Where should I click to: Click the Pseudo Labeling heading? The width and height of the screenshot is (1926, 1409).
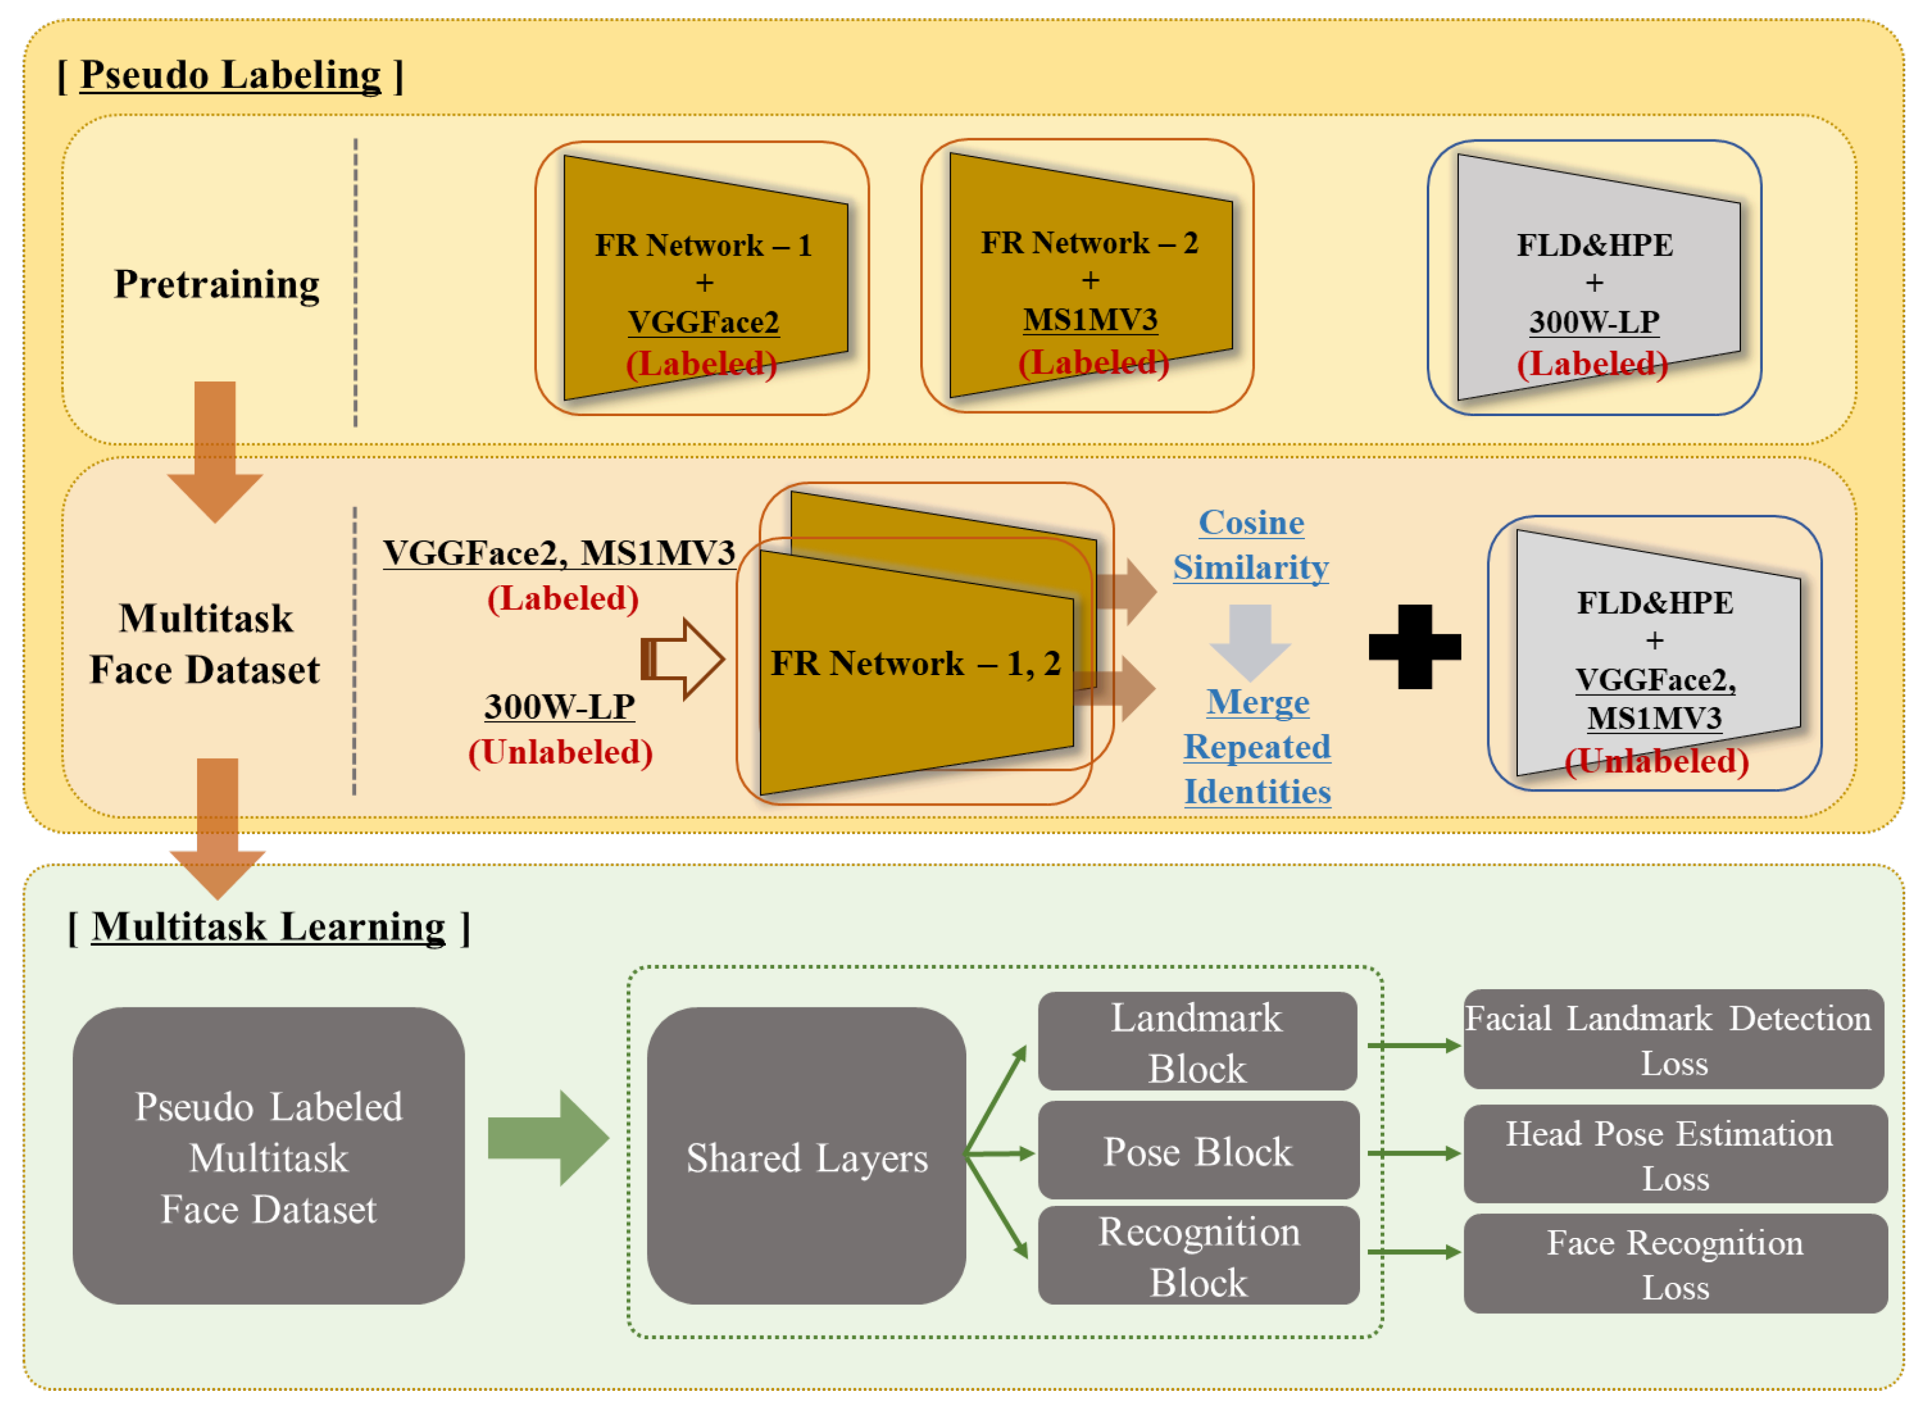231,75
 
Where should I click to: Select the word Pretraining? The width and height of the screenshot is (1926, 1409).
217,284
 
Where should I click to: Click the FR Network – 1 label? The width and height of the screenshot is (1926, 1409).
703,246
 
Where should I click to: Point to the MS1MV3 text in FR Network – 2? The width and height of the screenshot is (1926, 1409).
1090,320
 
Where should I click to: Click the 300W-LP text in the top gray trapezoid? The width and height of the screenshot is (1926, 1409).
1594,323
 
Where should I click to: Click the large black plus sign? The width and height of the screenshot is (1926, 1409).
1414,647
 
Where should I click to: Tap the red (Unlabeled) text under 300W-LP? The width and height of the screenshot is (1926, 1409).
561,752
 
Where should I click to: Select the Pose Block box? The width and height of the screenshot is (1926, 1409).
1197,1151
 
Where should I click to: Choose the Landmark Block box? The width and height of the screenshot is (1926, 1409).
1197,1041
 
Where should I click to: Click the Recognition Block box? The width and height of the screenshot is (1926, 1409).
1197,1256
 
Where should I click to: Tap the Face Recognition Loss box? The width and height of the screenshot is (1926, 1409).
1674,1264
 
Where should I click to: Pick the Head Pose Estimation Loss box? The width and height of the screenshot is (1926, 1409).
1674,1154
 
